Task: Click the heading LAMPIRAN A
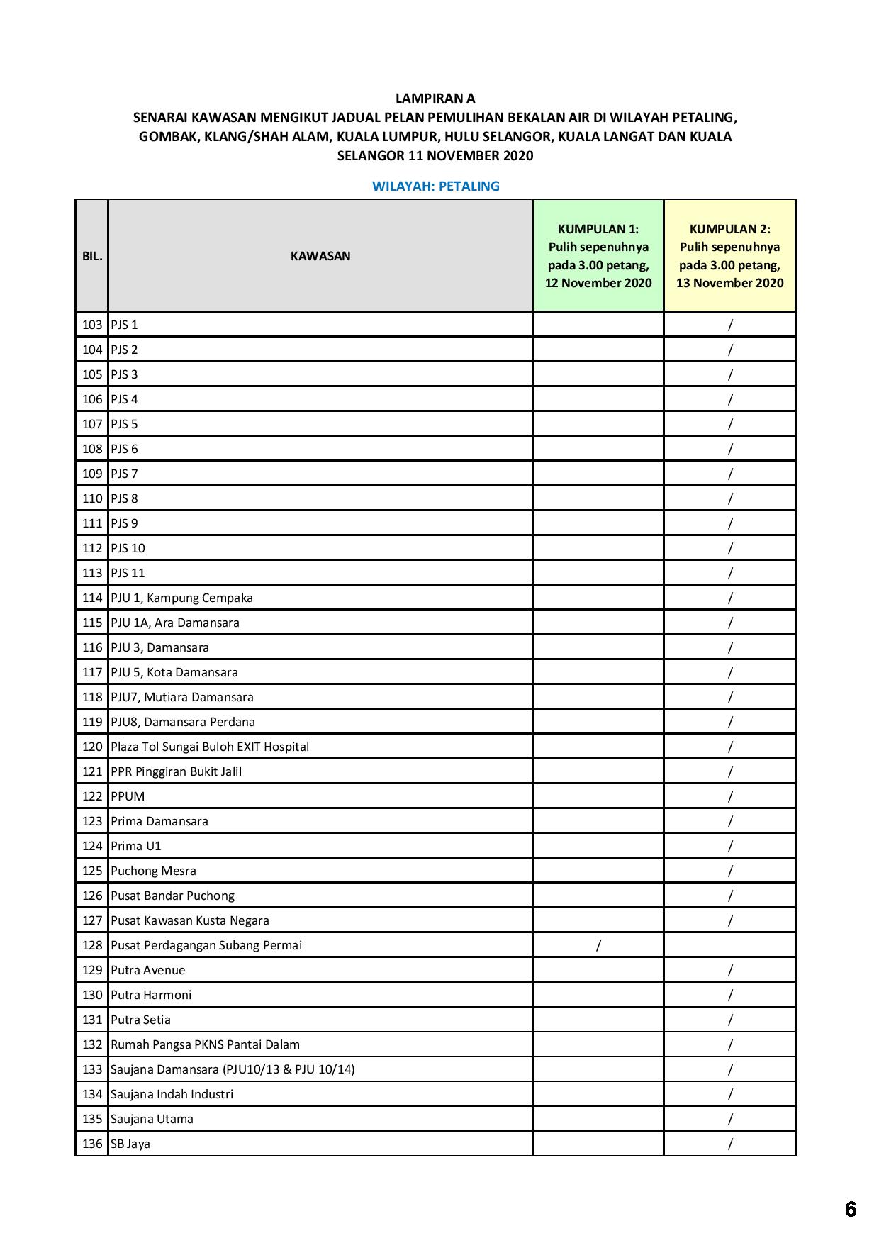(x=435, y=98)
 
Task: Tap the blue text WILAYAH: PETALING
(x=435, y=186)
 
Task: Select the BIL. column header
(x=92, y=256)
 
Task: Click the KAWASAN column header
(x=320, y=256)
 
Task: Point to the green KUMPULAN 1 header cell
(x=598, y=255)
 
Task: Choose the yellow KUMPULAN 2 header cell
(x=729, y=255)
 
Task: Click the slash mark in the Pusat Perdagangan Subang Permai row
(x=598, y=945)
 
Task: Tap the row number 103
(x=92, y=325)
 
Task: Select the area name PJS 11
(x=128, y=573)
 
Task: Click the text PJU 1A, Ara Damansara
(x=175, y=623)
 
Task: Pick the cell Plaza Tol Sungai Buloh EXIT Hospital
(x=210, y=747)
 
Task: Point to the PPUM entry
(x=128, y=796)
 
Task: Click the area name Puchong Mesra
(x=153, y=871)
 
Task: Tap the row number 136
(x=92, y=1144)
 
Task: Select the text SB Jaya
(x=130, y=1144)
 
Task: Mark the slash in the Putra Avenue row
(x=729, y=970)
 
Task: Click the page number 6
(x=851, y=1209)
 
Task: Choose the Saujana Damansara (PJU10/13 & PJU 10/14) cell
(x=233, y=1069)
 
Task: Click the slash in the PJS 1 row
(x=729, y=325)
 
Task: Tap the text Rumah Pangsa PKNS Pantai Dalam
(x=205, y=1044)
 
